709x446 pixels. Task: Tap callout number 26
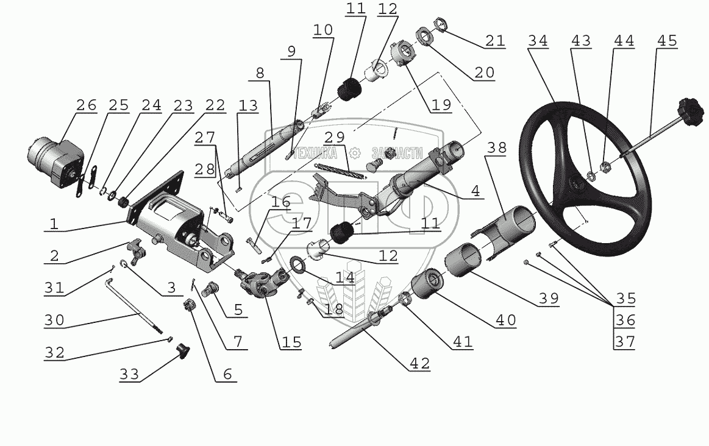pos(86,105)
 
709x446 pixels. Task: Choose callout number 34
pos(538,41)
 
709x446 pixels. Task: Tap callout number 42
pos(420,364)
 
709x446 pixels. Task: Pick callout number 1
pos(54,224)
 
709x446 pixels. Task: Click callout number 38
pos(497,148)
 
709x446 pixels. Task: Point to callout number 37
pos(625,342)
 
